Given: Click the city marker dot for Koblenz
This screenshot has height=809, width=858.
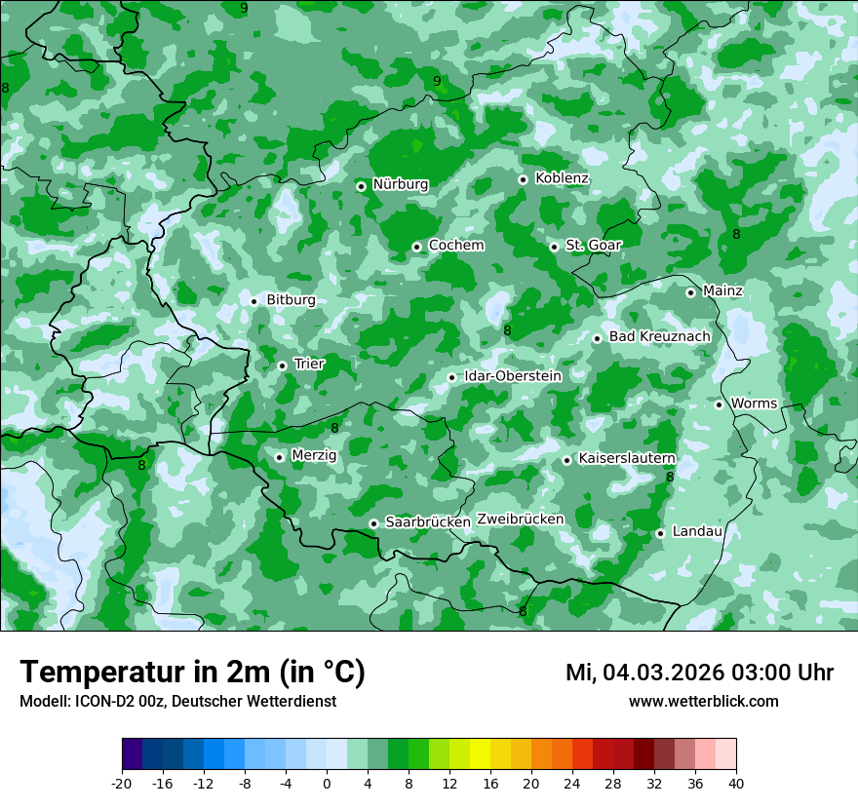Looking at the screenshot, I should click(x=523, y=179).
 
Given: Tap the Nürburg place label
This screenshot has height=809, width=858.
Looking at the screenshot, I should click(x=400, y=184).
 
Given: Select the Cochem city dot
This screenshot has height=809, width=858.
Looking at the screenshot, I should click(x=416, y=247).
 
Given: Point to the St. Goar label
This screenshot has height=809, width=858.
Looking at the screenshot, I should click(x=593, y=245).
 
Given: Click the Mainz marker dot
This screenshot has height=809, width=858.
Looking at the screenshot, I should click(x=690, y=292).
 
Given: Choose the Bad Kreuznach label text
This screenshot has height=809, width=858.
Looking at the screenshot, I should click(x=659, y=336).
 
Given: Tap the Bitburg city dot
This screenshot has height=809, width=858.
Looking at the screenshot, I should click(x=253, y=301).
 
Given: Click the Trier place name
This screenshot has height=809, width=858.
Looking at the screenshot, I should click(x=309, y=364).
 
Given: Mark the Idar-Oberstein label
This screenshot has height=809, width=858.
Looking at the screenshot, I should click(x=513, y=376).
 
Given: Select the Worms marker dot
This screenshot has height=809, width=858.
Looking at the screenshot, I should click(x=719, y=404).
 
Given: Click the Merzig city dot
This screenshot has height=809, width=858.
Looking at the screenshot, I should click(x=279, y=457).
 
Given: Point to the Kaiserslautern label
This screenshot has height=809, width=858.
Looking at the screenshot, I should click(x=627, y=458).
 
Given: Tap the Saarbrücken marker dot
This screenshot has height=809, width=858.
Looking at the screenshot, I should click(x=373, y=523).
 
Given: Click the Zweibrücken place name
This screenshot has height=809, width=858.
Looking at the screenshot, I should click(x=520, y=520).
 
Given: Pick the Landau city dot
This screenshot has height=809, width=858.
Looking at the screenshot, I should click(x=660, y=533).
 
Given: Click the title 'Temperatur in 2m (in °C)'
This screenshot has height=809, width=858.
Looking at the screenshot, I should click(x=192, y=673).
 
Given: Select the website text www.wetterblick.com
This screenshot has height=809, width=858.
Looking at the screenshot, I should click(x=703, y=702).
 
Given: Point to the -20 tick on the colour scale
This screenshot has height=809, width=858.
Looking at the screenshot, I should click(x=122, y=784).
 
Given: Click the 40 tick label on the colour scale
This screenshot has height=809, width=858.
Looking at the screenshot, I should click(x=736, y=784).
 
